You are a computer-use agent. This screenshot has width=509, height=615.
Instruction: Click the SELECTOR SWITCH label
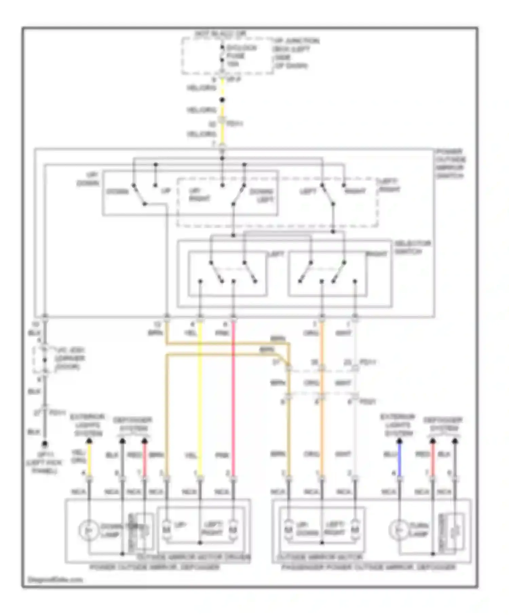point(412,247)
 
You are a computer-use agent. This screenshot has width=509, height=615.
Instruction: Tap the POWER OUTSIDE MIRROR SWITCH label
point(451,163)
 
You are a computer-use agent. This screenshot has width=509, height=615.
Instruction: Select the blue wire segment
point(399,458)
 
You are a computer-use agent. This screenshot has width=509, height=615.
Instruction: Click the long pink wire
point(233,400)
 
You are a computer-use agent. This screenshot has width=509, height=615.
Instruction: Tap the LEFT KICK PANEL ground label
point(44,462)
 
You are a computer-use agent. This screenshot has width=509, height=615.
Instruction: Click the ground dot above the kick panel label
point(44,444)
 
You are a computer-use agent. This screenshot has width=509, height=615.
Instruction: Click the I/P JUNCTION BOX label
point(295,53)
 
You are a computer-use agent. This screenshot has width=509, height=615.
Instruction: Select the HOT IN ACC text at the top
point(220,34)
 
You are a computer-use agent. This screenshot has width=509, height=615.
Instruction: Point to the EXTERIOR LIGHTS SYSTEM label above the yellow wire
point(87,425)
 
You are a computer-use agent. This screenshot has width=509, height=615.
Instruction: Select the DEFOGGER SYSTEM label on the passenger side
point(443,424)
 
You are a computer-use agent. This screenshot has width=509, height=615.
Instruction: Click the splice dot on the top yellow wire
point(222,100)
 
